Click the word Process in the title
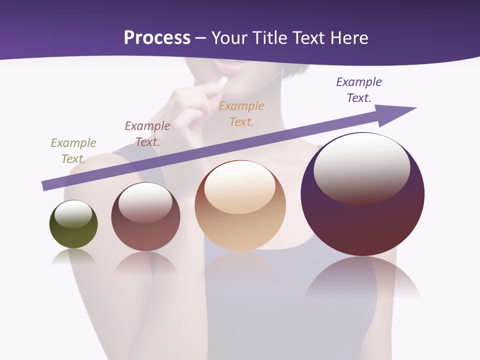pos(157,38)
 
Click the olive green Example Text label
pos(73,151)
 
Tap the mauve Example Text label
pos(147,134)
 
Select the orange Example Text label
pos(241,114)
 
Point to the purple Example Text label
pos(359,90)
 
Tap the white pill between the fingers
pos(223,81)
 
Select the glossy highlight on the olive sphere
pos(73,214)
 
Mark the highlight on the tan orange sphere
pos(239,186)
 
